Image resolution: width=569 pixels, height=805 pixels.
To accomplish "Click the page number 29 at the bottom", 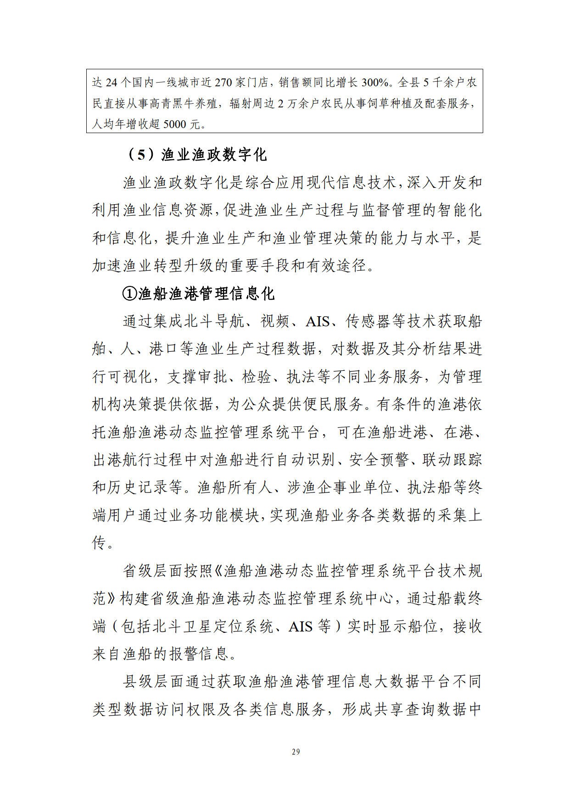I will (x=296, y=752).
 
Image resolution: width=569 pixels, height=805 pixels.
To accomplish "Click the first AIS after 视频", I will (x=318, y=321).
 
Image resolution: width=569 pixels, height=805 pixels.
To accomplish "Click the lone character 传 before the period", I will (x=100, y=543).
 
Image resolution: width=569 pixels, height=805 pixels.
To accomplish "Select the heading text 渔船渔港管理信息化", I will (x=206, y=293).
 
